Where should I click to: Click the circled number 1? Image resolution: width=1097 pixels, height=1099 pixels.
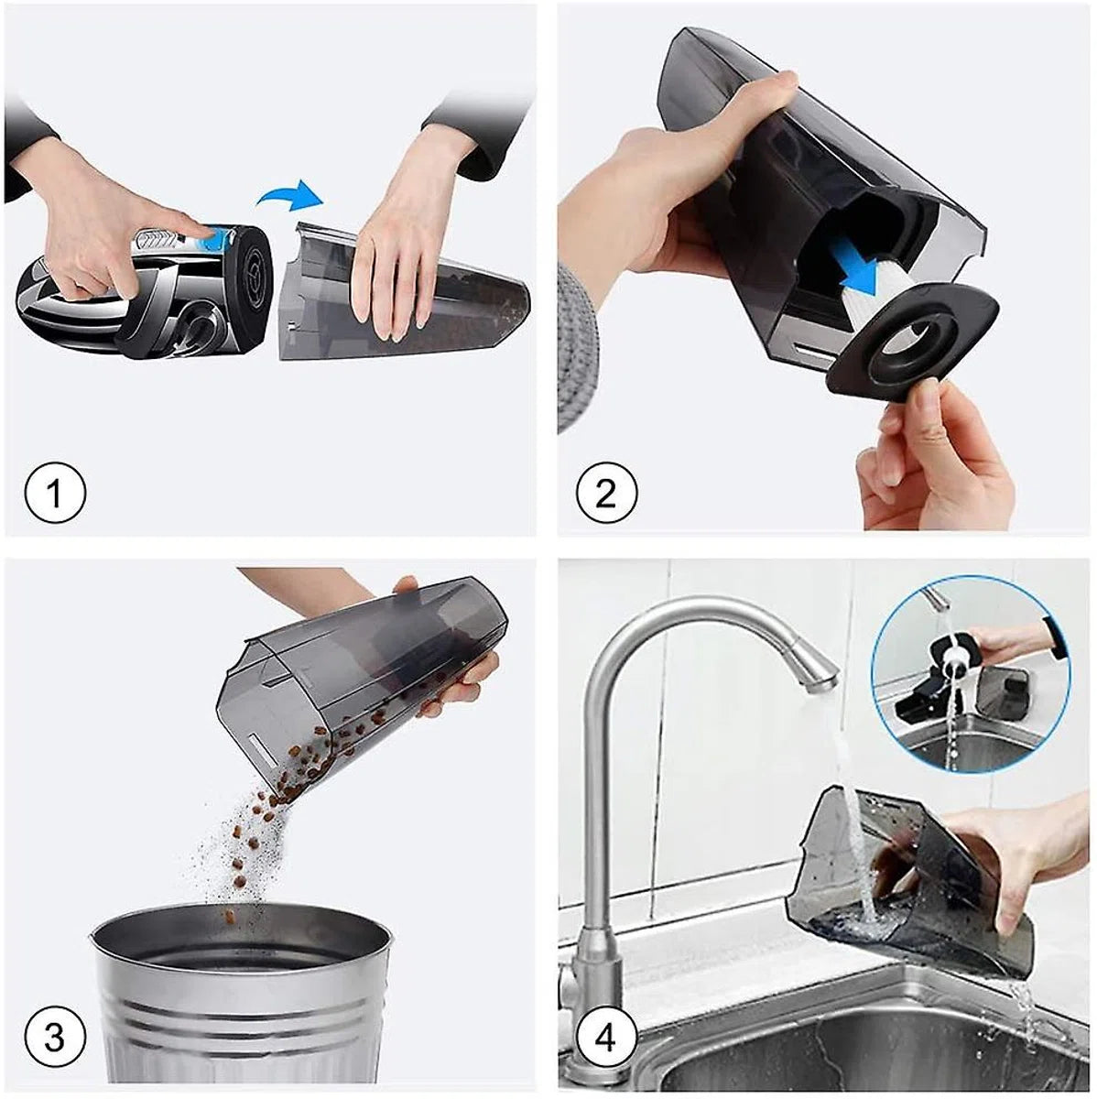[55, 493]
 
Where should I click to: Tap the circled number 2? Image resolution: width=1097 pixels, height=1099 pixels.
[606, 493]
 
